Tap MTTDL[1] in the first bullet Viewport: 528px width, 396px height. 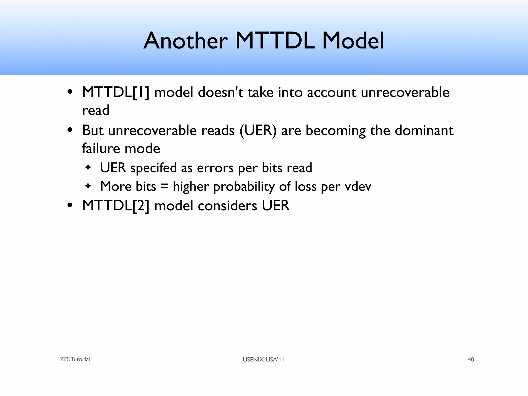[x=115, y=92]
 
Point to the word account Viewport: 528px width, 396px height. [x=332, y=92]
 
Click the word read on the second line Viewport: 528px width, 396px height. [x=96, y=110]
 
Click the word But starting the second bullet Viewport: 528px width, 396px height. [x=93, y=130]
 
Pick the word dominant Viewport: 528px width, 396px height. [x=424, y=130]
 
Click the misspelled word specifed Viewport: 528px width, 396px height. [x=153, y=168]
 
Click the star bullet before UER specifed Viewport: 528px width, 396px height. [x=88, y=168]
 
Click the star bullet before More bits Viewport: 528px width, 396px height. [x=88, y=186]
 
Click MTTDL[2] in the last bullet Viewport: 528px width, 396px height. [x=115, y=206]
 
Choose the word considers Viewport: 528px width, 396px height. [x=228, y=206]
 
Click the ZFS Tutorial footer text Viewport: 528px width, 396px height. [x=75, y=359]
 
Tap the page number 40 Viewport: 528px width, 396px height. [x=471, y=359]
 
